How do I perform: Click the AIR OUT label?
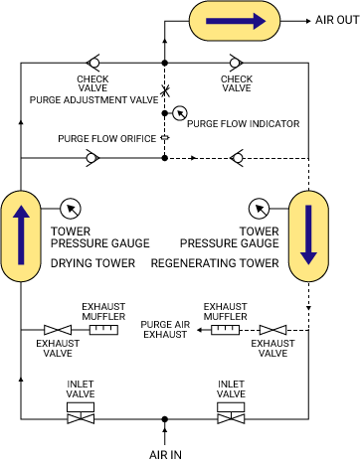(331, 20)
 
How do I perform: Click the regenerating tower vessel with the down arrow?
(308, 238)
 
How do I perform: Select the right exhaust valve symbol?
(271, 330)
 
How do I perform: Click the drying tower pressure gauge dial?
(71, 209)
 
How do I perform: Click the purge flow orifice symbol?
(165, 138)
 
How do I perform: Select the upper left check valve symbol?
(92, 62)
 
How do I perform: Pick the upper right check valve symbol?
(235, 62)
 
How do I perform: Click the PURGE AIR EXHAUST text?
(164, 329)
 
